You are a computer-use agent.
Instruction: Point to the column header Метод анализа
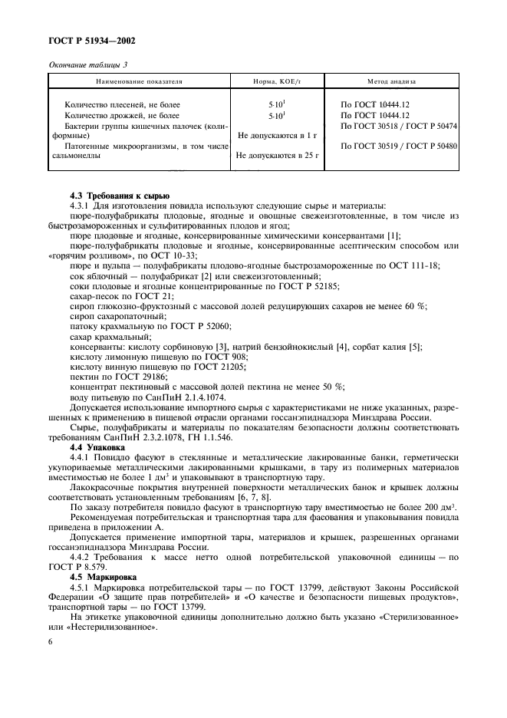391,81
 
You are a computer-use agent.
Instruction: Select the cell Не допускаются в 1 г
278,135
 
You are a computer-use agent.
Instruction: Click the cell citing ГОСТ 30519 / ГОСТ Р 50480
399,146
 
